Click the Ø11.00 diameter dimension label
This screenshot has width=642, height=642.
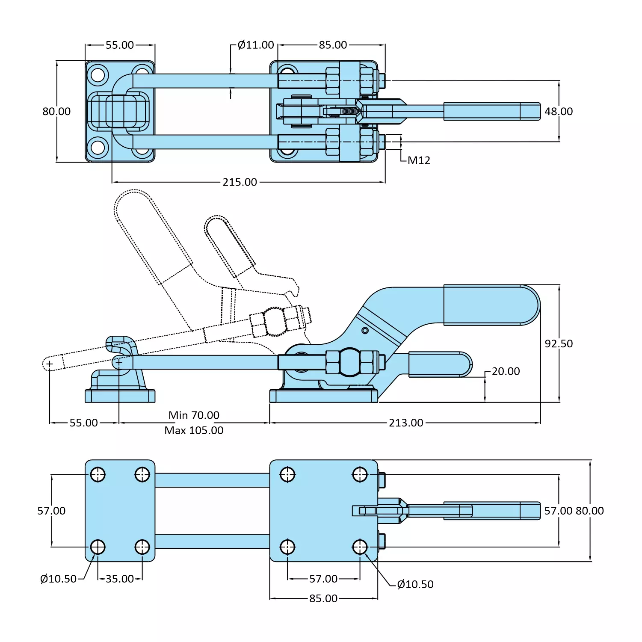(x=255, y=45)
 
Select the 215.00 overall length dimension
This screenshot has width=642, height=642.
(x=240, y=182)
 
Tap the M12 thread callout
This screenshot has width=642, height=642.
(x=419, y=160)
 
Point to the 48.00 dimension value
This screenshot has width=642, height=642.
(x=559, y=112)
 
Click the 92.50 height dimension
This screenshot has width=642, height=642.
(x=559, y=344)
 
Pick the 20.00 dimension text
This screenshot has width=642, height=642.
(x=506, y=371)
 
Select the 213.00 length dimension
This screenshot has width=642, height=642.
(x=406, y=423)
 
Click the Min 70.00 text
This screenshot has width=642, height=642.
(x=194, y=415)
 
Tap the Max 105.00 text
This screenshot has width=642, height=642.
(x=194, y=431)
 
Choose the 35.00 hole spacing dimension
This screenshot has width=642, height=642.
(x=120, y=579)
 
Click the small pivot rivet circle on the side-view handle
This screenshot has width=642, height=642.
(x=365, y=331)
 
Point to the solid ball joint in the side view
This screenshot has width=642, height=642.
(x=350, y=362)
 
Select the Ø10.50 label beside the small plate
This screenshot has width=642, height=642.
(x=58, y=579)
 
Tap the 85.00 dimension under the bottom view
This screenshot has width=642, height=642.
(x=323, y=599)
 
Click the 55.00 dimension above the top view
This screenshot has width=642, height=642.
(x=120, y=45)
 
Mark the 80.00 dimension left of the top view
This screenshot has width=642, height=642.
(x=56, y=112)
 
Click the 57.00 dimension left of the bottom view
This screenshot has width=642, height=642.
(x=51, y=511)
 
